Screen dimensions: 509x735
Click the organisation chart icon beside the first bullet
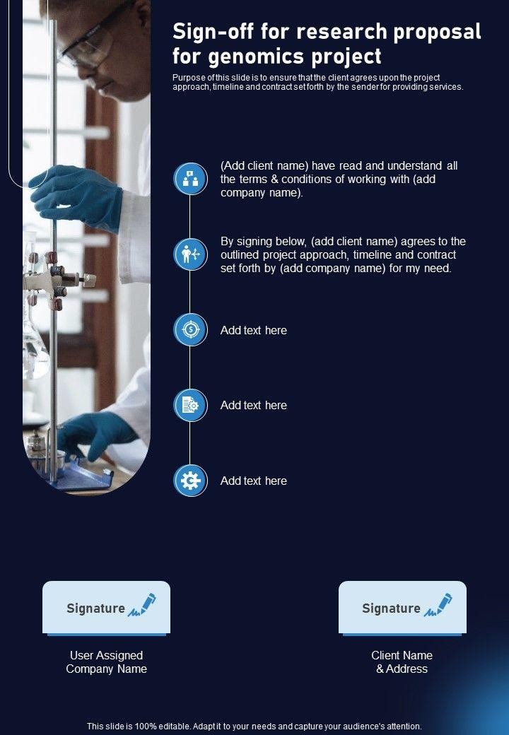[x=190, y=179]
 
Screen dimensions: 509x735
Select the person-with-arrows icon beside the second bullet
[x=190, y=254]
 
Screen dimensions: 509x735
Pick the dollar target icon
[x=190, y=330]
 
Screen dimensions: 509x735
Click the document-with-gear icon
[x=190, y=405]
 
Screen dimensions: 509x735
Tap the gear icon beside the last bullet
[x=190, y=481]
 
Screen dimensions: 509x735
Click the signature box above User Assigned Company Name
[x=106, y=608]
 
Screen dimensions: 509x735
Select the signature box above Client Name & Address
[x=402, y=608]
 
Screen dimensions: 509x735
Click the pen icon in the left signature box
[x=142, y=605]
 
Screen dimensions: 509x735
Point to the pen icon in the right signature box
[x=438, y=605]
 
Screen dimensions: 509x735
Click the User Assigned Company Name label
[x=106, y=662]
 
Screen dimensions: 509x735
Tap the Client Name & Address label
[x=402, y=662]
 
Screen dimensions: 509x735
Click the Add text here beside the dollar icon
[x=254, y=330]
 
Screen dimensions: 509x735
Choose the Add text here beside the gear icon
[x=254, y=481]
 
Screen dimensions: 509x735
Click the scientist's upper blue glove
[x=75, y=192]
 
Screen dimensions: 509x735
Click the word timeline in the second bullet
[x=372, y=254]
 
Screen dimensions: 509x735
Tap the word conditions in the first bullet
[x=311, y=179]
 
